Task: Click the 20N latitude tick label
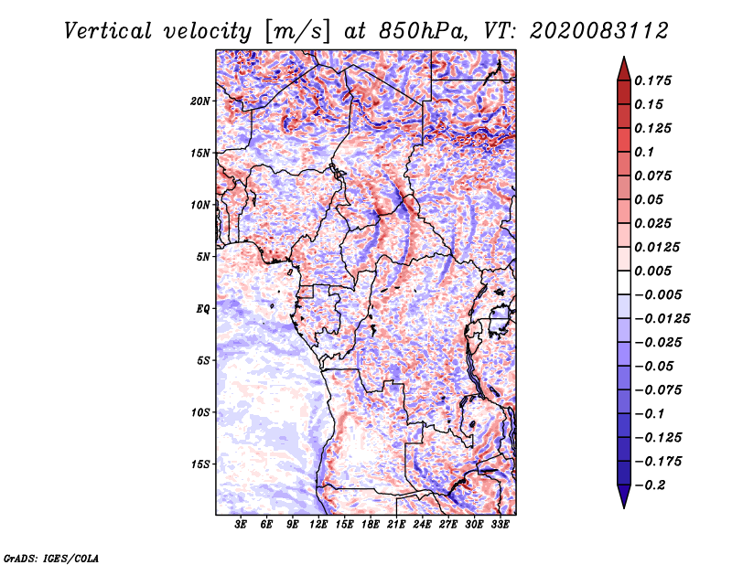200,101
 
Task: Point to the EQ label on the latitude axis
203,309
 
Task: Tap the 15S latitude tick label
200,464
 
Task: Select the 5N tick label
203,257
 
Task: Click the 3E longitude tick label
242,526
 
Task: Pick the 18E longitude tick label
371,526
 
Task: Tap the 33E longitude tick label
501,526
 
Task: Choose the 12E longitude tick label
319,526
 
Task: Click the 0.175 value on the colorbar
655,80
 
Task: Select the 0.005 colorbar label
655,271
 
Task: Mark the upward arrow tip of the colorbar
622,59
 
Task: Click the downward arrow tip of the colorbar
622,506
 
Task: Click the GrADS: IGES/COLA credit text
51,556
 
